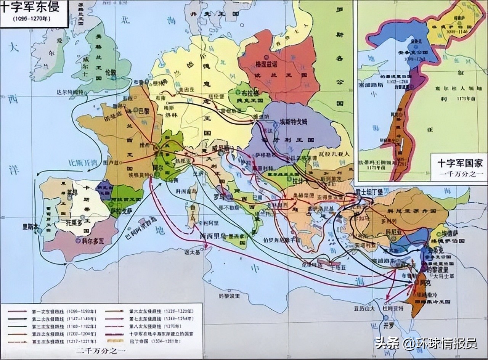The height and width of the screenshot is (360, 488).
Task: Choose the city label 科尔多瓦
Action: pyautogui.click(x=90, y=241)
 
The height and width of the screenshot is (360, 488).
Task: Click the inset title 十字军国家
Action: pyautogui.click(x=460, y=164)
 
